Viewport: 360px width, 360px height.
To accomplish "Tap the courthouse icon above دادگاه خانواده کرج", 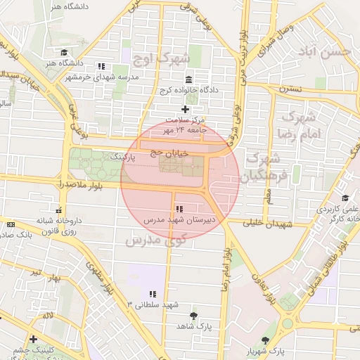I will pyautogui.click(x=188, y=79).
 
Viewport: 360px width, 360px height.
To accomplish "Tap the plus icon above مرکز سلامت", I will pyautogui.click(x=185, y=109).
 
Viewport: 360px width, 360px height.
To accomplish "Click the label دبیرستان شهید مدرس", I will pyautogui.click(x=179, y=220).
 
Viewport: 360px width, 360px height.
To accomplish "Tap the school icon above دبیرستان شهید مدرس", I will pyautogui.click(x=180, y=209).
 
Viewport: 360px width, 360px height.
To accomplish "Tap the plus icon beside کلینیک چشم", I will pyautogui.click(x=33, y=340).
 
